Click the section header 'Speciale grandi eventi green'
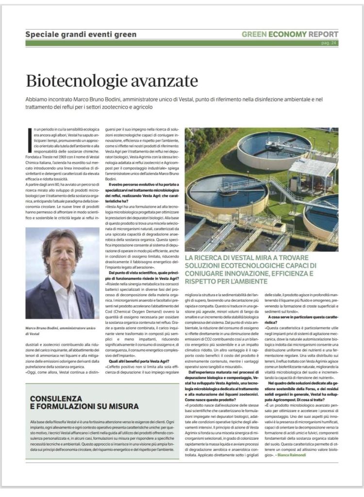tap(81, 34)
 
